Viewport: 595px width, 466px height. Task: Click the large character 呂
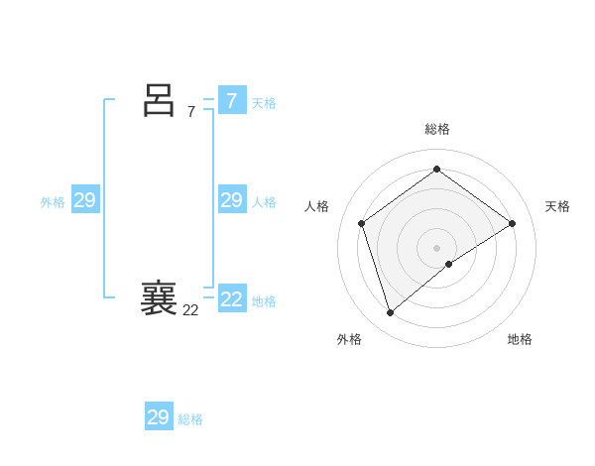click(159, 100)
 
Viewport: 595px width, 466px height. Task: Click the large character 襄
click(159, 298)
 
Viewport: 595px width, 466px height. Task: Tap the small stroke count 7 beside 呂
click(190, 112)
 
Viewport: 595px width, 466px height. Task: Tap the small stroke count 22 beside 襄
click(190, 310)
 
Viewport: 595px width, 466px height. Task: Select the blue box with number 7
click(231, 101)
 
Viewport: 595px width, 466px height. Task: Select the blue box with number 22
click(231, 299)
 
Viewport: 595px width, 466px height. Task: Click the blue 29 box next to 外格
click(84, 201)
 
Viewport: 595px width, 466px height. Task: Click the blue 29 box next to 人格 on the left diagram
click(231, 201)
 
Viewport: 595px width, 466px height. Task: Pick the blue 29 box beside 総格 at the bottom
click(158, 417)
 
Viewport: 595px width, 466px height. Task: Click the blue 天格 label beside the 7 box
click(264, 103)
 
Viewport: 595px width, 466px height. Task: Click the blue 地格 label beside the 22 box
click(264, 301)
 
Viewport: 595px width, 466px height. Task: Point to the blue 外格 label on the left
click(53, 202)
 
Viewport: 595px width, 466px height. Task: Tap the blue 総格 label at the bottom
click(190, 419)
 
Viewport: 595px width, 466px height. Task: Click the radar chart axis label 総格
click(437, 129)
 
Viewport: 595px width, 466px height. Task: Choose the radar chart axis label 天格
click(558, 206)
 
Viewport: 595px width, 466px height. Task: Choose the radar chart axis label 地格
click(520, 339)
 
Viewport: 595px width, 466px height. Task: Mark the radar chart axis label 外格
click(349, 339)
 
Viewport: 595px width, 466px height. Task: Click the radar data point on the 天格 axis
click(512, 223)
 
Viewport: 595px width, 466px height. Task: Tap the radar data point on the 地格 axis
click(449, 264)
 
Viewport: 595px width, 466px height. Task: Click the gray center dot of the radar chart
click(437, 247)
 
